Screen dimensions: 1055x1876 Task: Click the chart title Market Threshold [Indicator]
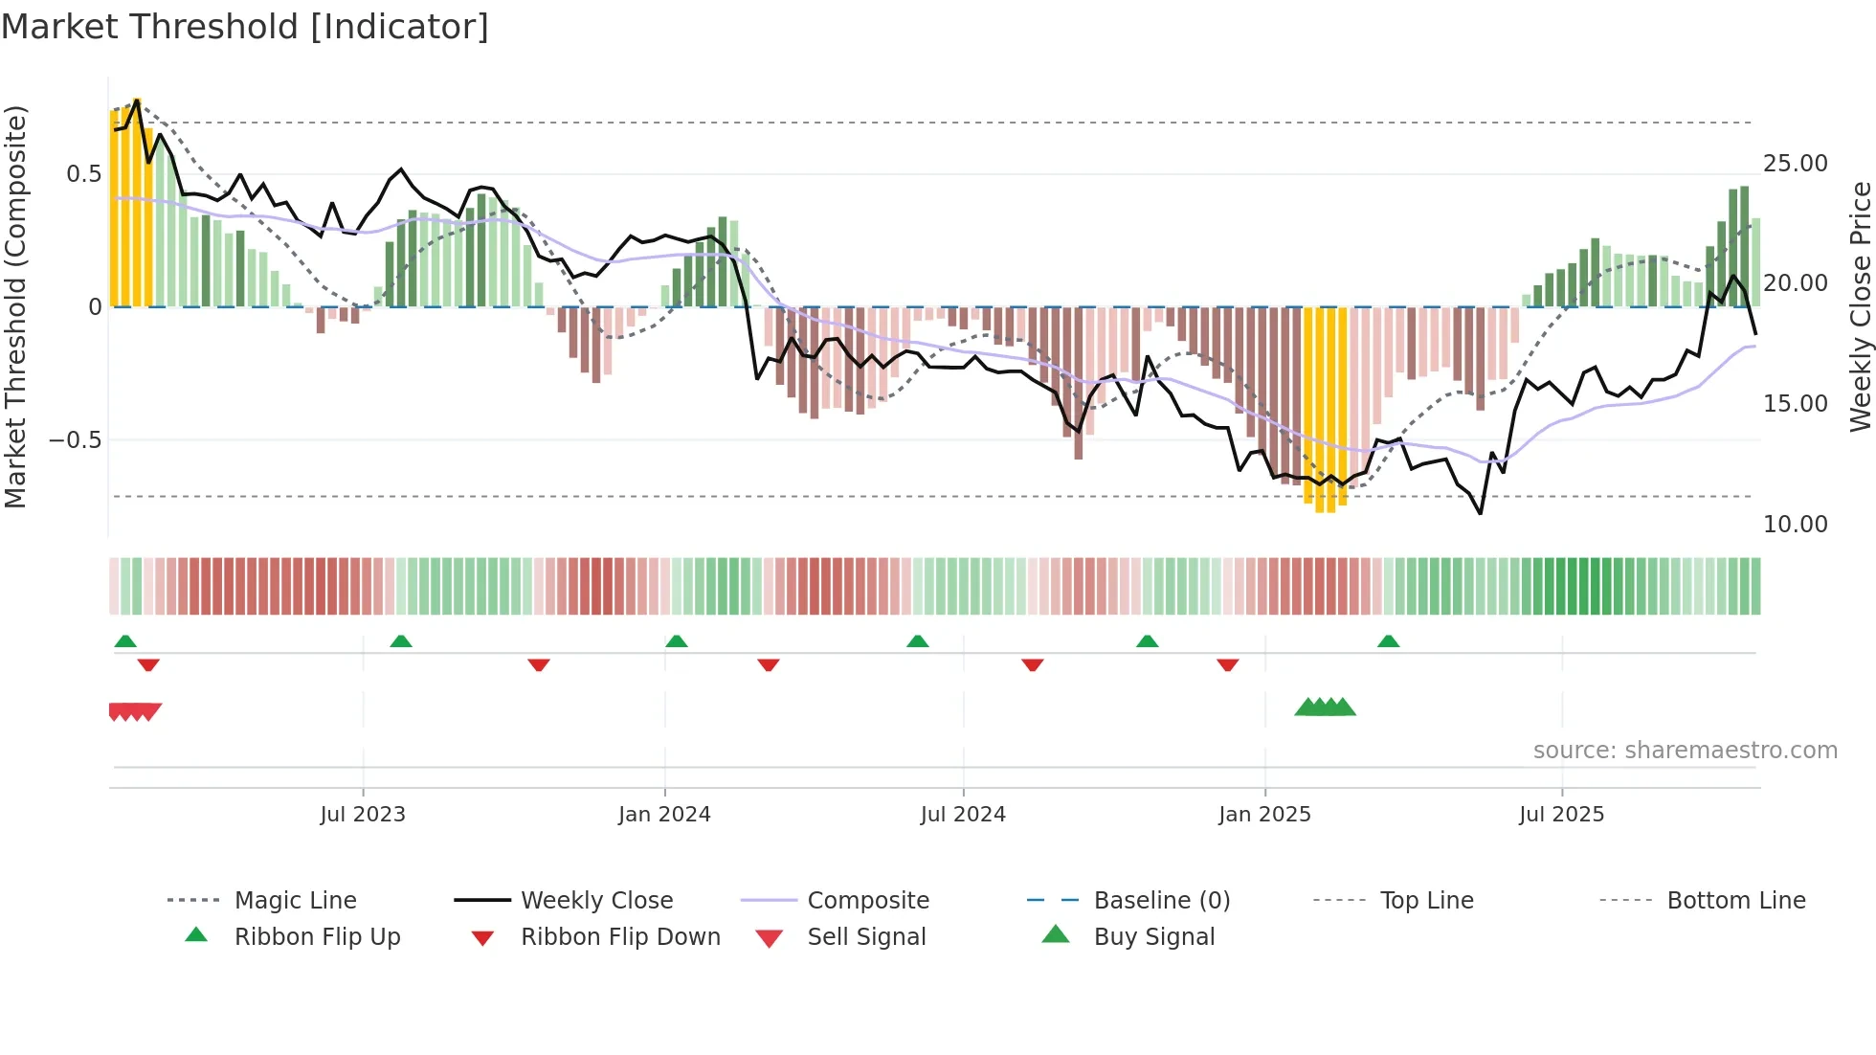(x=245, y=27)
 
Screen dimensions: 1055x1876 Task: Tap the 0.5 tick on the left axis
(x=83, y=174)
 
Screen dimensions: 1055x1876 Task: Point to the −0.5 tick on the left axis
(x=76, y=440)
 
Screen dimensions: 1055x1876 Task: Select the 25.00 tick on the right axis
(x=1795, y=164)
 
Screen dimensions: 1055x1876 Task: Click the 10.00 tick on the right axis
(x=1795, y=525)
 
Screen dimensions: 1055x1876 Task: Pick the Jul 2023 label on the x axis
(x=363, y=815)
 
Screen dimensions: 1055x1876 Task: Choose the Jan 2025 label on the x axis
(x=1264, y=815)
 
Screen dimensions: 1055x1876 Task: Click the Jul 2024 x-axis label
(x=963, y=815)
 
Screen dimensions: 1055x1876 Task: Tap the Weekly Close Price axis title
(x=1860, y=306)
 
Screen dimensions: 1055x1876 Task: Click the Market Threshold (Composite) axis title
(x=15, y=306)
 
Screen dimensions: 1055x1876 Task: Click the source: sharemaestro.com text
(x=1685, y=751)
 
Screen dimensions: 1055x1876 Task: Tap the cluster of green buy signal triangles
(x=1325, y=708)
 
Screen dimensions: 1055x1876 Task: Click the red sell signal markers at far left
(x=135, y=711)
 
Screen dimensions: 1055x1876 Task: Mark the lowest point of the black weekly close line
(x=1480, y=514)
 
